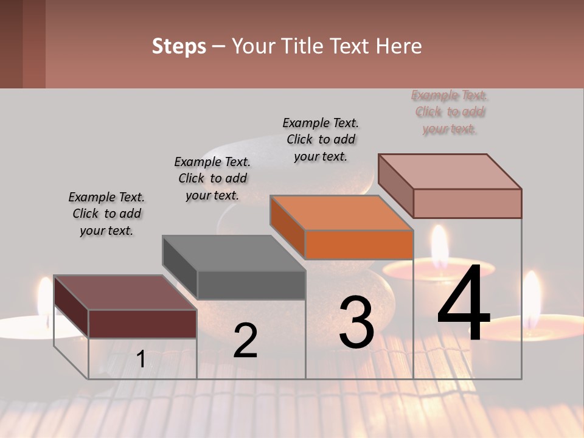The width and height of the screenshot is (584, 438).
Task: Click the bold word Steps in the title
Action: [179, 46]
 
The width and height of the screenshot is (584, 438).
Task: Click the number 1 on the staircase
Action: [141, 360]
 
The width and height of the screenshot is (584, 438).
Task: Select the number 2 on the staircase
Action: [245, 341]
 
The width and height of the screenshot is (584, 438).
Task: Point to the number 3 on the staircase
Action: [356, 322]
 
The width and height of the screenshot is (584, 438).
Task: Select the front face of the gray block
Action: [251, 285]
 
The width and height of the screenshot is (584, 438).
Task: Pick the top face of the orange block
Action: [341, 213]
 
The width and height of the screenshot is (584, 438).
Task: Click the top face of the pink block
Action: [450, 172]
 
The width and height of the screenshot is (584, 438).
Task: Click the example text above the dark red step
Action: [106, 214]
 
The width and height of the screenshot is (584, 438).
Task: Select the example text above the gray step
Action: [212, 178]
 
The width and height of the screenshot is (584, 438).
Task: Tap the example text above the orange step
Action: [321, 139]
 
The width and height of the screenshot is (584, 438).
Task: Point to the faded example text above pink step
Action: [450, 112]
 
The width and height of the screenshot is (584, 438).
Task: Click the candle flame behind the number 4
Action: [439, 243]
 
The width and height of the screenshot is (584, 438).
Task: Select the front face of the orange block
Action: [359, 245]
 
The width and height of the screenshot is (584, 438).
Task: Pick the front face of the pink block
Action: [467, 203]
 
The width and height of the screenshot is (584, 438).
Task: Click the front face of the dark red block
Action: [142, 324]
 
